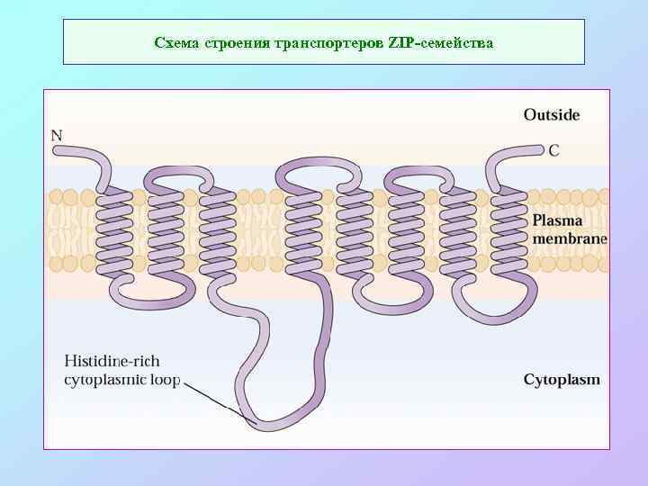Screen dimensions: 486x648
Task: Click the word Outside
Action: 552,115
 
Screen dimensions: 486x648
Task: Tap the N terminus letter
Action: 57,136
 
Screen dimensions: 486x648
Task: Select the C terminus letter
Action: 553,150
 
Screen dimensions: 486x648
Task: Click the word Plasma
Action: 558,220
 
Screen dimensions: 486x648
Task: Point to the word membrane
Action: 570,238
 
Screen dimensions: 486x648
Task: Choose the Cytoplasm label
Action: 562,380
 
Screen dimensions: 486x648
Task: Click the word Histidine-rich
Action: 112,362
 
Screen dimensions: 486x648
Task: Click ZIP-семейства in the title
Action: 440,42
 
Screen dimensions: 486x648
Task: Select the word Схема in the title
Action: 173,42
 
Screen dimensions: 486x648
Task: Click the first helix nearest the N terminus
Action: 114,229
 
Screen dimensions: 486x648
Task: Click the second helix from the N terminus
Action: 166,229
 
